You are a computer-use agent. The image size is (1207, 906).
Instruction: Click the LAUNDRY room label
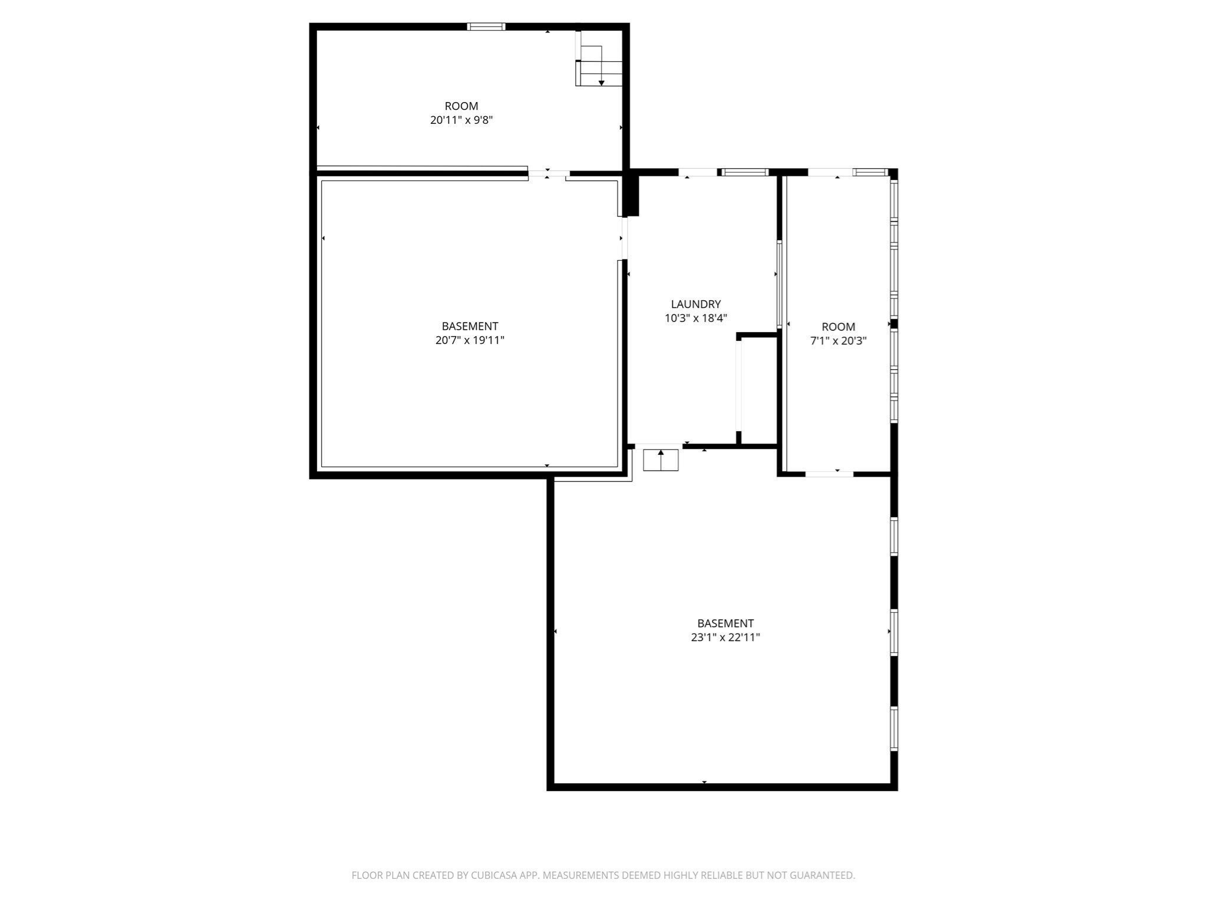(x=695, y=304)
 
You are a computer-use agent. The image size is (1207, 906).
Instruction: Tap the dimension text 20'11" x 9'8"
(x=461, y=120)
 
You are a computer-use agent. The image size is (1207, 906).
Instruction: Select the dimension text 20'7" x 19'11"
(x=470, y=340)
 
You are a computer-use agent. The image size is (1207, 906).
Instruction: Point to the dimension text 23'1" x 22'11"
(x=725, y=638)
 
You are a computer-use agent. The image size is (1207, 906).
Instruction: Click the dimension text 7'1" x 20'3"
(x=838, y=341)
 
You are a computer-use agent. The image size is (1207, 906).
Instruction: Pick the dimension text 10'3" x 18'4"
(x=695, y=319)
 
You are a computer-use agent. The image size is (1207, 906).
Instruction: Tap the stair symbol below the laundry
(x=661, y=460)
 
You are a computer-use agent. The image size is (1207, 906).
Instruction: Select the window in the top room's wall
(x=486, y=27)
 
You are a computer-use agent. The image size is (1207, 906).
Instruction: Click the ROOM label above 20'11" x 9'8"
(x=461, y=106)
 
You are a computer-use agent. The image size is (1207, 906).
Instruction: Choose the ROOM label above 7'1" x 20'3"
(x=838, y=327)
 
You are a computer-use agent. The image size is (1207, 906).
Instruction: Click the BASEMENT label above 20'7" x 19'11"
(x=470, y=326)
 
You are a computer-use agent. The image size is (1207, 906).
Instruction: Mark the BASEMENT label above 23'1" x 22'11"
(x=725, y=623)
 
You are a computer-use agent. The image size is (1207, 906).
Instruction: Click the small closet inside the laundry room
(x=759, y=389)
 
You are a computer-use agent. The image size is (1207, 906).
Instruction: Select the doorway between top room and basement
(x=548, y=173)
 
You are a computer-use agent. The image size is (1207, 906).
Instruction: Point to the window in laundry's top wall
(x=746, y=172)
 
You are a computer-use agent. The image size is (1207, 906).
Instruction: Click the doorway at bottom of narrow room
(x=829, y=474)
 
